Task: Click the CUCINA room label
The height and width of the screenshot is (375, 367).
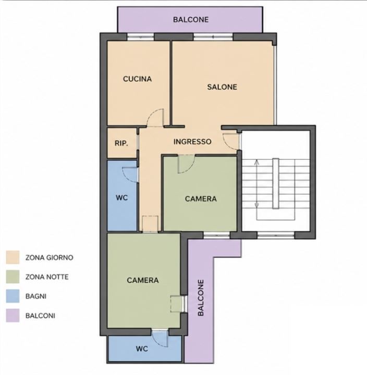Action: pyautogui.click(x=137, y=79)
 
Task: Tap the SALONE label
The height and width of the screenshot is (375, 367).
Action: pyautogui.click(x=222, y=87)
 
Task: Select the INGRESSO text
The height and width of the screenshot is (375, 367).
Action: pyautogui.click(x=192, y=142)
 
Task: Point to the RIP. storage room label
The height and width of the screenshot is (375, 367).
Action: pyautogui.click(x=121, y=143)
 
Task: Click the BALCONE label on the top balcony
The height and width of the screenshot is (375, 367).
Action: pyautogui.click(x=191, y=20)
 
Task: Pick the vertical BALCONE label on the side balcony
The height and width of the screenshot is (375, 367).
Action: pyautogui.click(x=201, y=298)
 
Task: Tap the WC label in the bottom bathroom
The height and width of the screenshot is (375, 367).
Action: pyautogui.click(x=142, y=348)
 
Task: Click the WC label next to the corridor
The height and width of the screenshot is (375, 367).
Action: pyautogui.click(x=122, y=198)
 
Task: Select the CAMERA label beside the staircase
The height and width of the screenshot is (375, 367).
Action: pyautogui.click(x=201, y=199)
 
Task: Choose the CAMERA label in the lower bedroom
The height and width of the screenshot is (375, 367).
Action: pyautogui.click(x=143, y=280)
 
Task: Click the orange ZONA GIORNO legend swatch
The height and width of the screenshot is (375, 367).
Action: pyautogui.click(x=13, y=257)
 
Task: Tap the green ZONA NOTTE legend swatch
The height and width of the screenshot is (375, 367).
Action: pyautogui.click(x=13, y=277)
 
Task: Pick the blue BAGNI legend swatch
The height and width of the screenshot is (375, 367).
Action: pyautogui.click(x=13, y=296)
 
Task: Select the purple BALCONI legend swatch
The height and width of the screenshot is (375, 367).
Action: pyautogui.click(x=13, y=316)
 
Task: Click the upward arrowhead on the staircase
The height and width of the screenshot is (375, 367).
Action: pyautogui.click(x=257, y=162)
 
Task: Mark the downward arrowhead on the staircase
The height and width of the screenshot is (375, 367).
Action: pyautogui.click(x=257, y=205)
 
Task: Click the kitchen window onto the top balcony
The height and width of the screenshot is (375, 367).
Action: pyautogui.click(x=140, y=37)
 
